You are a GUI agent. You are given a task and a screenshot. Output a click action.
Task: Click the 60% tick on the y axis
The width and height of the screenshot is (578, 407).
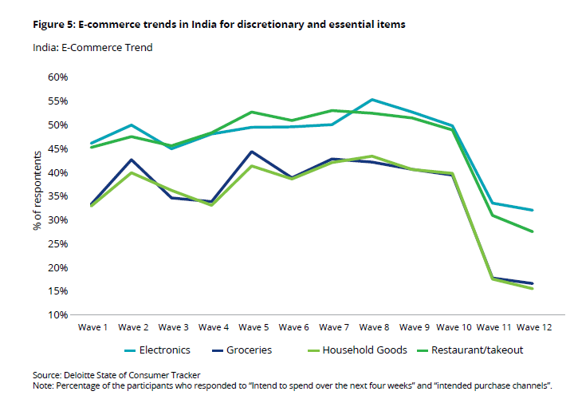pyautogui.click(x=59, y=77)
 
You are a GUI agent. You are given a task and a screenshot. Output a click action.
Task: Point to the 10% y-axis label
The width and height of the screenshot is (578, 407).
pyautogui.click(x=59, y=315)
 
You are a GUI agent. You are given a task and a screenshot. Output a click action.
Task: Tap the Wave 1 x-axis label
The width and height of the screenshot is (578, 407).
pyautogui.click(x=93, y=327)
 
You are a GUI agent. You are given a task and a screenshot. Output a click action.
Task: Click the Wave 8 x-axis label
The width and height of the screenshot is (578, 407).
pyautogui.click(x=373, y=327)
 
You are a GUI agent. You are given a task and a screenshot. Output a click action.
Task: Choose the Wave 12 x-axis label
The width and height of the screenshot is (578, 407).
pyautogui.click(x=533, y=327)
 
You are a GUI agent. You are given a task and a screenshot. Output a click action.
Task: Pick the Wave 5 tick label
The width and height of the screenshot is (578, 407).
pyautogui.click(x=253, y=327)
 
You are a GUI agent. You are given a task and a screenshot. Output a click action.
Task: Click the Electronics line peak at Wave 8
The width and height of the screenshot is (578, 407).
pyautogui.click(x=372, y=100)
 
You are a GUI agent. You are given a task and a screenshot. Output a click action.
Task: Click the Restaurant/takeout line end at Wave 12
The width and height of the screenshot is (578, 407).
pyautogui.click(x=532, y=231)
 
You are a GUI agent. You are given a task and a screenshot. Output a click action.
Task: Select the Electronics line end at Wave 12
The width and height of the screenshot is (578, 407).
pyautogui.click(x=532, y=210)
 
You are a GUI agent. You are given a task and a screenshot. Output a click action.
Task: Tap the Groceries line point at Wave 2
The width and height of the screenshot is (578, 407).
pyautogui.click(x=132, y=160)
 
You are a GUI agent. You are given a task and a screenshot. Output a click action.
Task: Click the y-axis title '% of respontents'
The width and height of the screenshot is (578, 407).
pyautogui.click(x=37, y=194)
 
